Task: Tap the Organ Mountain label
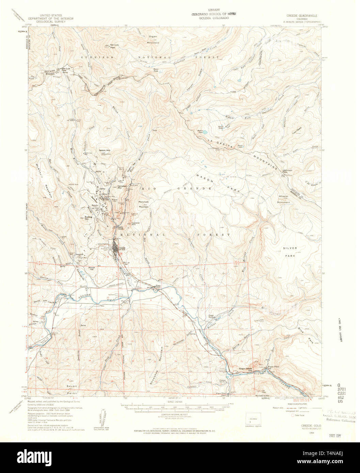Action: point(153,39)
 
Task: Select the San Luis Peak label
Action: point(114,46)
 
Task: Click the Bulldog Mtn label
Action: point(89,217)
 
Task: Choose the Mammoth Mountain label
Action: point(144,204)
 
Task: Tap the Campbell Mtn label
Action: point(122,187)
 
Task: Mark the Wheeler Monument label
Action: point(283,199)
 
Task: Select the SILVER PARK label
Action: point(290,251)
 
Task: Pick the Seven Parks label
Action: point(72,390)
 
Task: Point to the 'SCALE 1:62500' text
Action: point(175,402)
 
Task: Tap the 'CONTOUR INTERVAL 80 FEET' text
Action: point(175,414)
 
